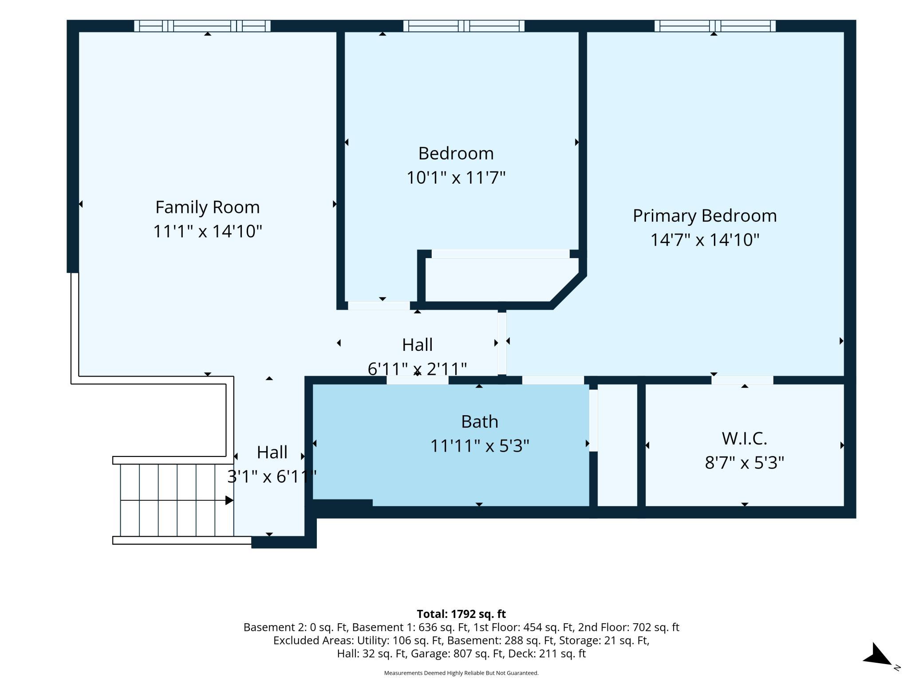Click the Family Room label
coord(207,207)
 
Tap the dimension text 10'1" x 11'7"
coord(456,178)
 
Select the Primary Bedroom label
coord(705,216)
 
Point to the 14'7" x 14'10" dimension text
coord(705,240)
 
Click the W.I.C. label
coord(745,439)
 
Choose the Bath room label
coord(480,421)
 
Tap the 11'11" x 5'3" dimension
coord(480,446)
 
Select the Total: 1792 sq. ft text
coord(461,614)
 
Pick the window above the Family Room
coord(202,26)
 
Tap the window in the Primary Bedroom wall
coord(715,26)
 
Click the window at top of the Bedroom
coord(464,26)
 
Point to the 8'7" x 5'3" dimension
coord(745,463)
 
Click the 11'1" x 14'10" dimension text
coord(207,231)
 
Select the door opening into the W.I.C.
coord(742,380)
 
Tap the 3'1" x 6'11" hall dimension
coord(272,476)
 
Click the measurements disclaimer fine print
coord(461,673)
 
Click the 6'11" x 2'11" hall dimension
coord(417,369)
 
